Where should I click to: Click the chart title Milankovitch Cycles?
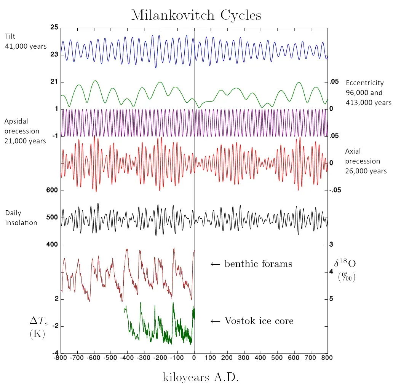196,15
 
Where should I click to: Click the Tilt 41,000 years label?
26,41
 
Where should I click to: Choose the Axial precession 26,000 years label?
366,161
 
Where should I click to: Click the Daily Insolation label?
21,218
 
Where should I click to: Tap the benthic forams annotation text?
251,264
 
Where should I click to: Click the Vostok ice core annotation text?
252,321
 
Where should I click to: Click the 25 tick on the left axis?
54,27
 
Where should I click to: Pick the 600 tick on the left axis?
52,191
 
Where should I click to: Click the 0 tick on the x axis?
194,358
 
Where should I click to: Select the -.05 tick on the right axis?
335,191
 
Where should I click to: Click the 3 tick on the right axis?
331,245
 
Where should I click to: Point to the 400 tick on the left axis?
52,245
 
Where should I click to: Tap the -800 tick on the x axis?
59,358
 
